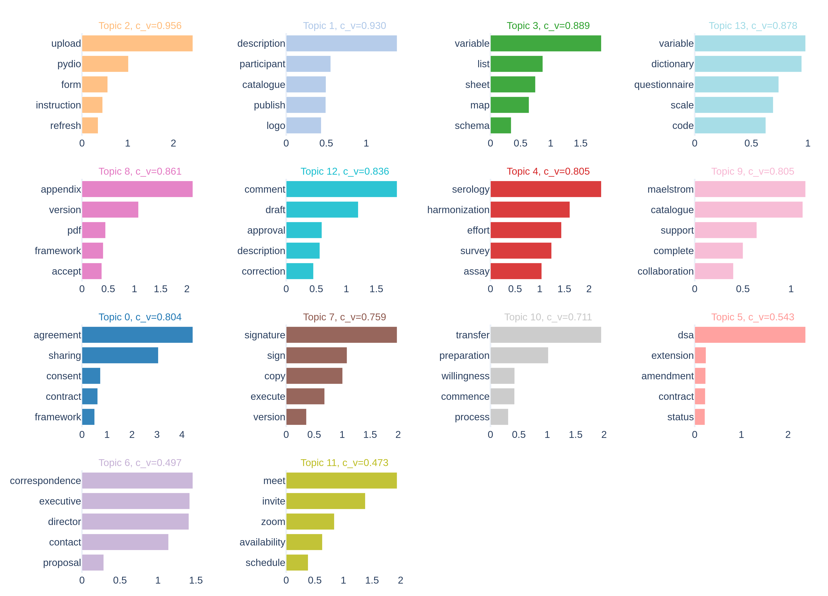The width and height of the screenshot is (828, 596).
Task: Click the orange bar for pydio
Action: tap(105, 64)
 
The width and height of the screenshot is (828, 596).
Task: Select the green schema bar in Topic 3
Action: tap(501, 125)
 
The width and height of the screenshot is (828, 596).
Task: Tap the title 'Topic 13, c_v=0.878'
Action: tap(753, 25)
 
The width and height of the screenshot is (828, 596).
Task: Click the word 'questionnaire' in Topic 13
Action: tap(664, 85)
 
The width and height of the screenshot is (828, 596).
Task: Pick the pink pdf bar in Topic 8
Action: tap(94, 230)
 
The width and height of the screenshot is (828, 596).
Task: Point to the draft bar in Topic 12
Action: tap(322, 209)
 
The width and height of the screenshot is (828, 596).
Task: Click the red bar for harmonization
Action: tap(530, 209)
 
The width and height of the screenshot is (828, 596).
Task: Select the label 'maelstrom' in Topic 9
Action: tap(670, 189)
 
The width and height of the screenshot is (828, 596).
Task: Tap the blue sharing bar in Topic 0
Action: tap(120, 355)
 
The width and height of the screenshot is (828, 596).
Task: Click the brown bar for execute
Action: tap(305, 396)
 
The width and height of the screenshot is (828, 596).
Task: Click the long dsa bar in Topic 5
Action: tap(750, 335)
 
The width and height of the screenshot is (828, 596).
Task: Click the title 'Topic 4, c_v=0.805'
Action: tap(548, 171)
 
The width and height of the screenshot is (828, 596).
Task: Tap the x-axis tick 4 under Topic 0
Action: tap(182, 434)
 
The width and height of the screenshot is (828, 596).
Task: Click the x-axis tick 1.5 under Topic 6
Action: tap(196, 580)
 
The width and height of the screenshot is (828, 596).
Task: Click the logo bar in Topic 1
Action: tap(304, 125)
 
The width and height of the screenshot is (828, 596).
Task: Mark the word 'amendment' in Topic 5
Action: tap(667, 376)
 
